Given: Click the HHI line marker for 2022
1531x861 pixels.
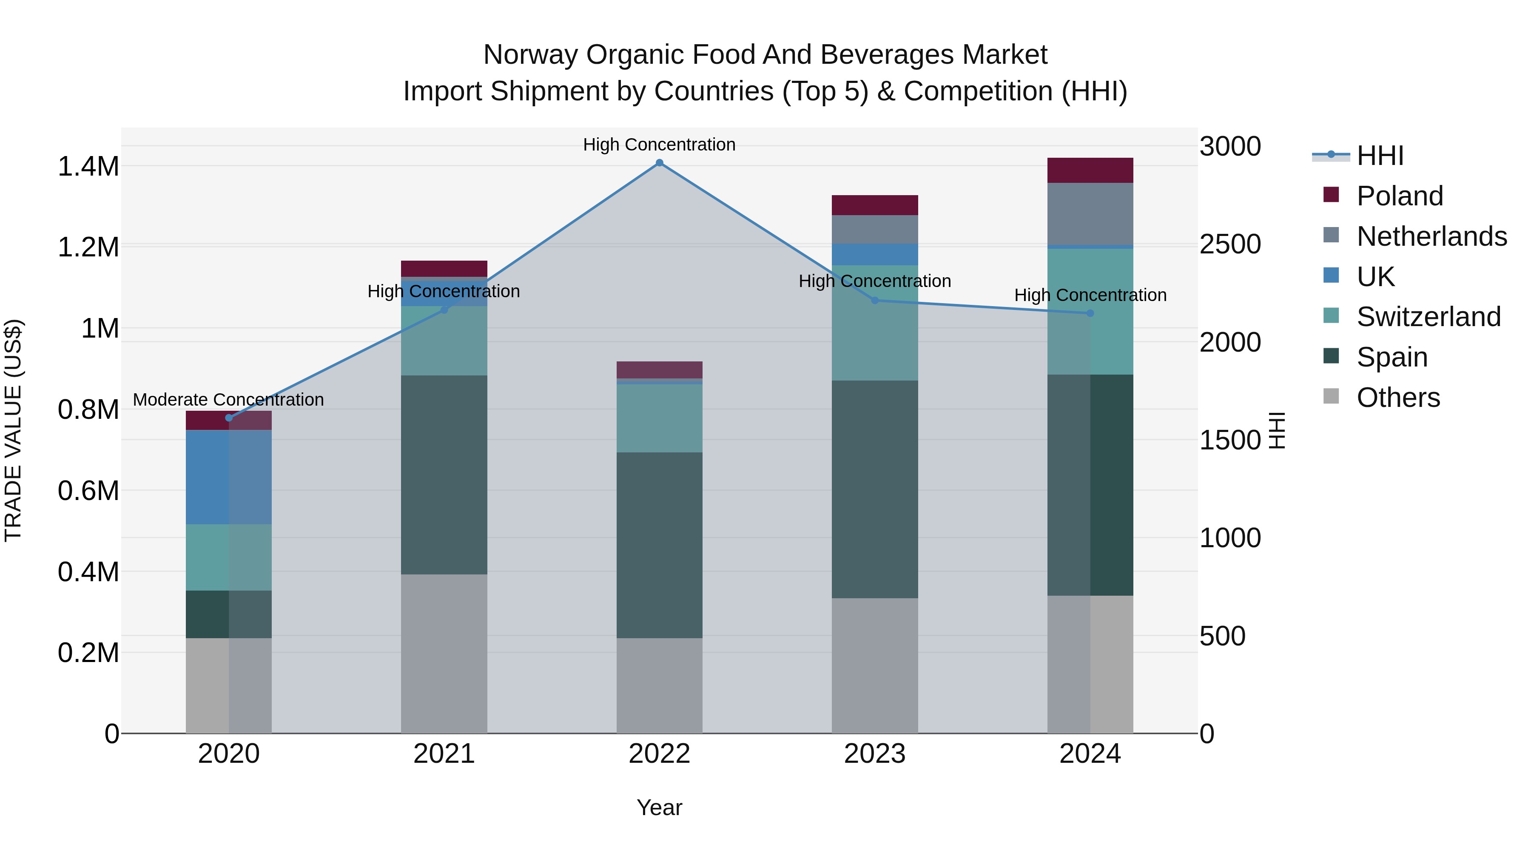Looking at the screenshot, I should click(659, 163).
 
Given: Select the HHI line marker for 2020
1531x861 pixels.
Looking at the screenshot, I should click(229, 418).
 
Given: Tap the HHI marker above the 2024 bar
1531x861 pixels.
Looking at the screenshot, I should click(1090, 313).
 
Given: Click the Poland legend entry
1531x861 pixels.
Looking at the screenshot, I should click(1399, 196).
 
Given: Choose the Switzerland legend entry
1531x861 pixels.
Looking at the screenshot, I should click(1428, 317).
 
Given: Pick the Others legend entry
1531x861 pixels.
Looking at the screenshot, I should click(1398, 398).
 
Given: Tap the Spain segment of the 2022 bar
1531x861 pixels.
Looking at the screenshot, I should click(659, 545).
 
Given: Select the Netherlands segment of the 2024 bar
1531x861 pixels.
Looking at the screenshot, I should click(1090, 214).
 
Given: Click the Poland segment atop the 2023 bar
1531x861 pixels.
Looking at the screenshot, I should click(874, 205).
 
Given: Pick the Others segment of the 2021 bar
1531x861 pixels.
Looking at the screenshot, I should click(444, 654).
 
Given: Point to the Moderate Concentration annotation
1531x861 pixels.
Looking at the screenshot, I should click(229, 400).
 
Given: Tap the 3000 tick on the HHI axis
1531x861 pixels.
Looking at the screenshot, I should click(1229, 147).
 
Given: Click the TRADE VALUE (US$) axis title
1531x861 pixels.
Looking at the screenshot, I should click(13, 430).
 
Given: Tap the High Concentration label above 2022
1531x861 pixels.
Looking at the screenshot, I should click(659, 145).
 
